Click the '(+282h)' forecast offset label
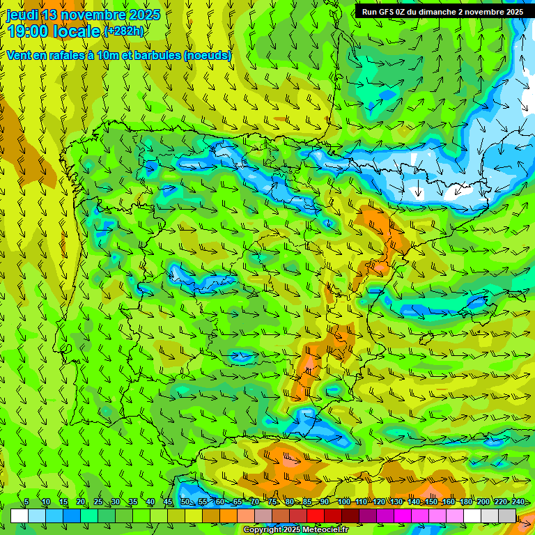coord(123,31)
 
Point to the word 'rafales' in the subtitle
coord(68,55)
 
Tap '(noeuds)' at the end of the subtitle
coord(207,55)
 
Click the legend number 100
coord(343,502)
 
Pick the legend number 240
coord(518,502)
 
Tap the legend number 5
coord(26,502)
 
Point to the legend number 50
coord(185,502)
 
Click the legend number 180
coord(465,502)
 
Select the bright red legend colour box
coord(316,515)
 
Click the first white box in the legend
coord(20,515)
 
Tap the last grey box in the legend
coord(507,515)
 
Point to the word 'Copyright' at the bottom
coord(261,530)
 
